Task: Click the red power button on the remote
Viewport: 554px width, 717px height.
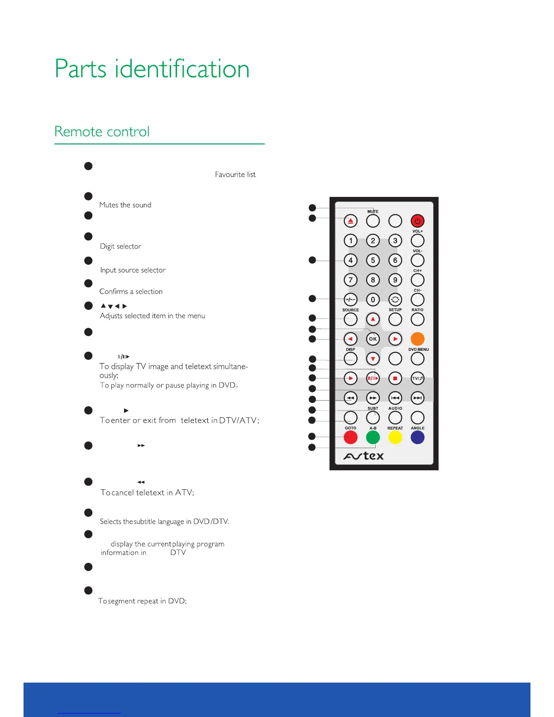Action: [x=417, y=221]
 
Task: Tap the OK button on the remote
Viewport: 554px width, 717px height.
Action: [x=373, y=339]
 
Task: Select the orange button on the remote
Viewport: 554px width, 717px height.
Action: [x=417, y=339]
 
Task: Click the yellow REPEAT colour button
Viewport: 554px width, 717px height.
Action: [x=395, y=437]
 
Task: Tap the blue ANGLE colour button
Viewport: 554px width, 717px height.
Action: [x=417, y=437]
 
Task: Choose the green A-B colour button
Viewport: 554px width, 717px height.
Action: [x=373, y=437]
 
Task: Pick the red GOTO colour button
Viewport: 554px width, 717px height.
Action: [x=350, y=437]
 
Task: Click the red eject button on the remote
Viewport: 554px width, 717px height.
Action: [x=350, y=221]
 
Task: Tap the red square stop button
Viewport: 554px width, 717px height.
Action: [x=395, y=378]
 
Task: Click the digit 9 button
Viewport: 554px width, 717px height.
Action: [x=395, y=280]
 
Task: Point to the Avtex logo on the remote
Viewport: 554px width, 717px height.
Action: [x=363, y=456]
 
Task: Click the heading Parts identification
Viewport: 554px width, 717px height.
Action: [x=152, y=69]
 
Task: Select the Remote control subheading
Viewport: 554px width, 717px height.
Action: [x=102, y=132]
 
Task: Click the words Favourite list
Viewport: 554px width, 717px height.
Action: [x=235, y=175]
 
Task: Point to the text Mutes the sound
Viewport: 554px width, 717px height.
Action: [x=125, y=205]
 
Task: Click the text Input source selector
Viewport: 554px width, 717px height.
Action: [x=133, y=270]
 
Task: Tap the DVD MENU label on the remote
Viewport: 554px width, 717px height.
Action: [x=418, y=349]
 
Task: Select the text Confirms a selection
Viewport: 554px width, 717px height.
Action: [x=131, y=292]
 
